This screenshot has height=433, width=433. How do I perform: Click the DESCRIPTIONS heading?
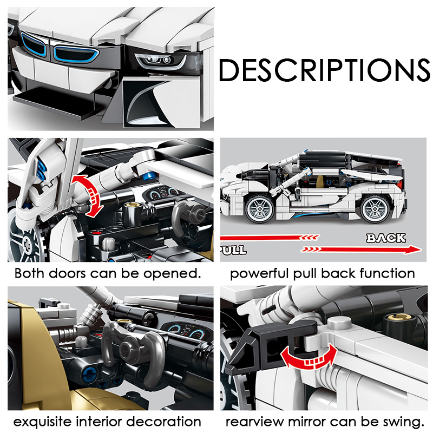[324, 70]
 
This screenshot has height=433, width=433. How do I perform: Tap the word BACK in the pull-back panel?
[386, 238]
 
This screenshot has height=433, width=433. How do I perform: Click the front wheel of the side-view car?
[260, 209]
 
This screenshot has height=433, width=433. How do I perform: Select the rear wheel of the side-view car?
[376, 209]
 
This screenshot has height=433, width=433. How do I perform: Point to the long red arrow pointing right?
[361, 250]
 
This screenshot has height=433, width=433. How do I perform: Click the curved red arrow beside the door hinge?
[88, 195]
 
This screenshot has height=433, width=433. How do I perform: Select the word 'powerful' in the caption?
[260, 274]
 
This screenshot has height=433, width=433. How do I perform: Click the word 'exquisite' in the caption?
[42, 422]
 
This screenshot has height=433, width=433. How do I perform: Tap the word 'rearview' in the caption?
[254, 422]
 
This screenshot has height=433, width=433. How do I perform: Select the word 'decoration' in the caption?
[163, 422]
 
